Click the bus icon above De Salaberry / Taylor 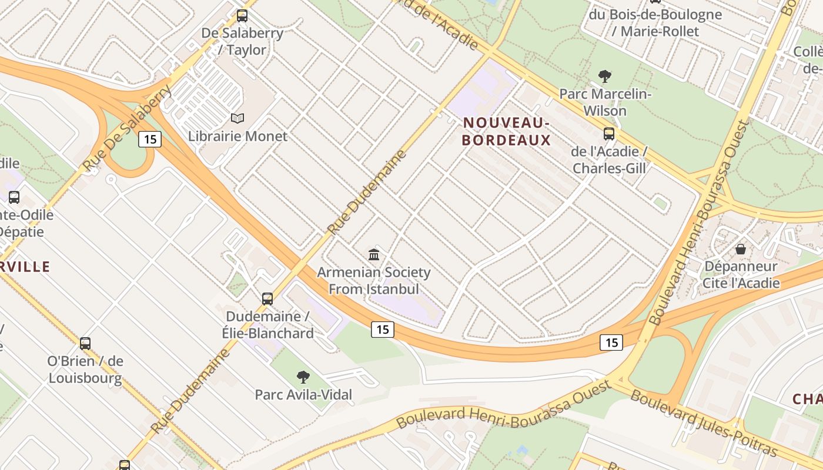pos(242,16)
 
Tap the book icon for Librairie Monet pos(237,119)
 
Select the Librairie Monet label pos(237,136)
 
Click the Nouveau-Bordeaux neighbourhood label pos(506,131)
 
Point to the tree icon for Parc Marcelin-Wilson pos(604,76)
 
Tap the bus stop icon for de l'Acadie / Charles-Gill pos(609,134)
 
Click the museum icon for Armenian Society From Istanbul pos(374,254)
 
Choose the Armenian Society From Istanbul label pos(374,281)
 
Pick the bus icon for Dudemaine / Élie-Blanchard pos(267,298)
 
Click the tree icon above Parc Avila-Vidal pos(303,377)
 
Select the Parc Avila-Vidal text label pos(303,395)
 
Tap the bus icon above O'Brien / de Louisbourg pos(85,343)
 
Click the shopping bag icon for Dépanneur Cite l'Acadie pos(741,249)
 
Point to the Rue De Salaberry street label pos(128,128)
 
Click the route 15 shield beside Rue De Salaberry pos(150,139)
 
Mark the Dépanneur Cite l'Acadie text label pos(741,274)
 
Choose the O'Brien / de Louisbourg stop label pos(85,370)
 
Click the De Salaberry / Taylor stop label pos(242,41)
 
